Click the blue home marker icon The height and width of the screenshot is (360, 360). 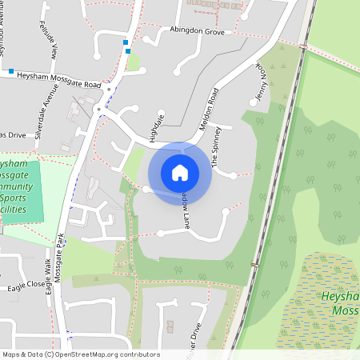point(180,173)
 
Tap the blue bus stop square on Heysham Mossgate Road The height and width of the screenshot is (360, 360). point(11,72)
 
